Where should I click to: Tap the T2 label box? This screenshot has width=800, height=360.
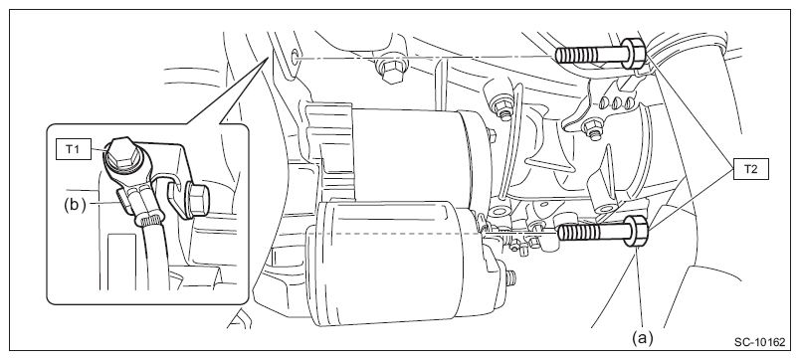(750, 169)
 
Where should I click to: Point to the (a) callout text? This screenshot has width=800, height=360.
(643, 338)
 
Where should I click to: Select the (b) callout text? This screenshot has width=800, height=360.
(74, 204)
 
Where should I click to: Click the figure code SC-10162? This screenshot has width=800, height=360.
(759, 343)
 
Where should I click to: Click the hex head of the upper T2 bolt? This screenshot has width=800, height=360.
(635, 52)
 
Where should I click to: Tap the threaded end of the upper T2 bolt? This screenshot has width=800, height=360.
(571, 55)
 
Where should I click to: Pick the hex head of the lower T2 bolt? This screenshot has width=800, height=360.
(636, 231)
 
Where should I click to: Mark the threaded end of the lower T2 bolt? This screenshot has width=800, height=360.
(575, 233)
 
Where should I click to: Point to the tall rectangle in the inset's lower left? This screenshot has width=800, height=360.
(121, 262)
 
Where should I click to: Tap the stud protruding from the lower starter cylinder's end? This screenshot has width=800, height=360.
(511, 277)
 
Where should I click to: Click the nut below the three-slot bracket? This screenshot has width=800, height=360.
(592, 127)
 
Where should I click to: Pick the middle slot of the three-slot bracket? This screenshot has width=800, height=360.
(615, 101)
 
